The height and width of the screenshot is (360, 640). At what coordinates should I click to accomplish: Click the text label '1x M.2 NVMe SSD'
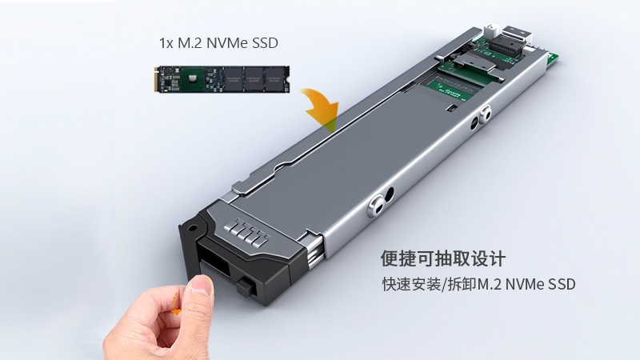click(218, 42)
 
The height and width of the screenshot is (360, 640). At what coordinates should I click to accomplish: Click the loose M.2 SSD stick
click(220, 80)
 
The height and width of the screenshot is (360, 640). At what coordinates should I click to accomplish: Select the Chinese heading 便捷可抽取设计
click(443, 259)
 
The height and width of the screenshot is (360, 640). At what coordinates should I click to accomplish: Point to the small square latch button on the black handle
click(240, 285)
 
